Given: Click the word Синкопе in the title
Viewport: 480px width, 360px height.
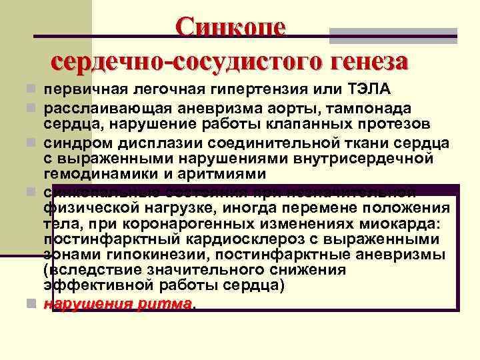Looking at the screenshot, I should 231,27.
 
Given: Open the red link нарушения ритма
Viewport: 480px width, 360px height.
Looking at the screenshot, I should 117,304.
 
